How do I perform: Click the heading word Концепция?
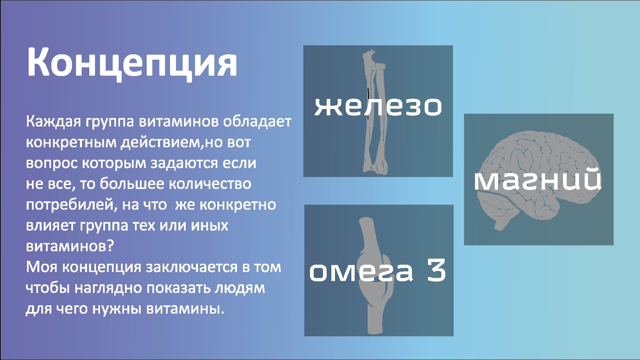click(132, 63)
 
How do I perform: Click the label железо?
click(378, 106)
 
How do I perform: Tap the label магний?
click(538, 180)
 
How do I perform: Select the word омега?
click(361, 271)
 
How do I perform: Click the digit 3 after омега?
click(436, 270)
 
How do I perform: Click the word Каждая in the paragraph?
click(53, 122)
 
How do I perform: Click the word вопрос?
click(52, 164)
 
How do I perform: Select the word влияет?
click(50, 226)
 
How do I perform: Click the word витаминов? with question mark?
click(70, 247)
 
